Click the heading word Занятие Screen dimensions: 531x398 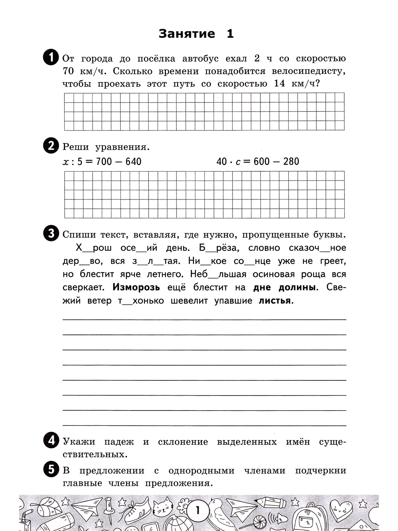tap(187, 34)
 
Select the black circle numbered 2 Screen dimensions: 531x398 tap(51, 146)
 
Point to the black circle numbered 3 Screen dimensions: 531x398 tap(51, 234)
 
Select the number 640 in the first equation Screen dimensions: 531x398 tap(132, 162)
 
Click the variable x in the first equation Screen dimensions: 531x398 tap(65, 162)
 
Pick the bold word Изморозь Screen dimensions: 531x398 tap(136, 287)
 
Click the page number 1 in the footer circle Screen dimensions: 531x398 tap(198, 510)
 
